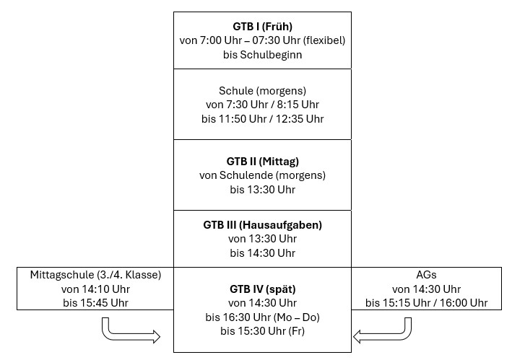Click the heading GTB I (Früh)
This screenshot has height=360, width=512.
262,27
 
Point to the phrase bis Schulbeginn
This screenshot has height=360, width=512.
262,54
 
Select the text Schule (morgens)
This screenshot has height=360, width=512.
262,91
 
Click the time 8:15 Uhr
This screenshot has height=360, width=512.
298,105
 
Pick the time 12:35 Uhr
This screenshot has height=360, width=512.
300,119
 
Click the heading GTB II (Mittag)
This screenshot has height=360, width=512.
262,162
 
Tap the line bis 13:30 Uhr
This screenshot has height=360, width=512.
262,190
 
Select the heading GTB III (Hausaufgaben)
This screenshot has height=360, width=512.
262,225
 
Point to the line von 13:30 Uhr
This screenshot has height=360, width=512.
262,239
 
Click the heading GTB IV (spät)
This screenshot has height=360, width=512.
262,289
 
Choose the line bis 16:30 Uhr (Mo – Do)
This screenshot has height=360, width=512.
262,317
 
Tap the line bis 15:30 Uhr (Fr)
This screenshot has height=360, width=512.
262,331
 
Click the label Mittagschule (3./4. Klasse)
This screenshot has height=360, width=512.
95,275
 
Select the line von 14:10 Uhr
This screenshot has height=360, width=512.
95,289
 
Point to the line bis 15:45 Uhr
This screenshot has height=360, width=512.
95,303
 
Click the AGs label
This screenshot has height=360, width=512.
426,275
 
